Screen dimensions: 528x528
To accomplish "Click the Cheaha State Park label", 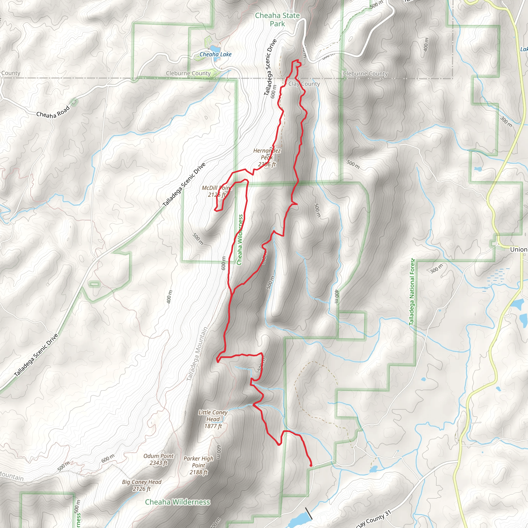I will click(277, 20).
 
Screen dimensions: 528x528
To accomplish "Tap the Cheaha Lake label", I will click(215, 54).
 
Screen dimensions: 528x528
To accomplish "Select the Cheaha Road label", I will click(53, 111).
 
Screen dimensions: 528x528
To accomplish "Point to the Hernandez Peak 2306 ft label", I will click(267, 158).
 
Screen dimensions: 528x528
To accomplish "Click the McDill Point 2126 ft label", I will click(217, 191).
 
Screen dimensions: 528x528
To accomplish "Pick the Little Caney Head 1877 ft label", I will click(213, 419).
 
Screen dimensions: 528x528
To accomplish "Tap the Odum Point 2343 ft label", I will click(159, 459).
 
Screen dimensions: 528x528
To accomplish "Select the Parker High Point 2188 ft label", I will click(199, 465).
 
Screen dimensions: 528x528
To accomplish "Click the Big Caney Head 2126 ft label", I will click(142, 485).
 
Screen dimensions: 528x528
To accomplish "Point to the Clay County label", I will click(304, 84).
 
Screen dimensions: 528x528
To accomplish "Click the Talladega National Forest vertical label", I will click(412, 292).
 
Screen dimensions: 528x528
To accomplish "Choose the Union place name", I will click(518, 249).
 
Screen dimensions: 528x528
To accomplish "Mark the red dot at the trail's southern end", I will click(311, 465).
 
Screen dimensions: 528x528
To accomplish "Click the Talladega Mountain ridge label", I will click(197, 354).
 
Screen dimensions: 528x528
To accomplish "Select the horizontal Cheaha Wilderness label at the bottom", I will click(177, 502).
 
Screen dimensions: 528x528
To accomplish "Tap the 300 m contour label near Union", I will click(436, 268).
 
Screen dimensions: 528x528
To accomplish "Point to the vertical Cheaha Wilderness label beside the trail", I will click(240, 240).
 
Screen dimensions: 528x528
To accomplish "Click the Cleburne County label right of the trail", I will click(365, 73).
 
